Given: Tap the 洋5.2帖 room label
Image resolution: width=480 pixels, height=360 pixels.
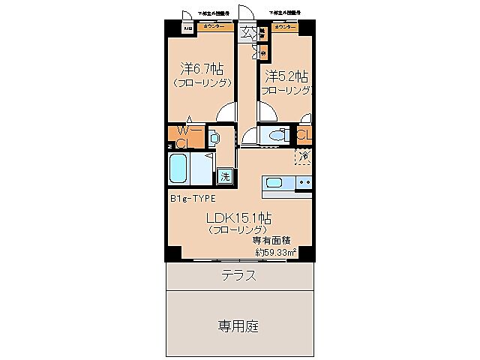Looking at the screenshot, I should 286,76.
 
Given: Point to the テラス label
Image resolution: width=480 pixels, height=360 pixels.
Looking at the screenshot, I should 239,275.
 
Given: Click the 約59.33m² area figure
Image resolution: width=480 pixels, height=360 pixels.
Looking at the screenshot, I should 275,253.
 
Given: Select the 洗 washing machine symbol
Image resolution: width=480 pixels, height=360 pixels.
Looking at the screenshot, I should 225,177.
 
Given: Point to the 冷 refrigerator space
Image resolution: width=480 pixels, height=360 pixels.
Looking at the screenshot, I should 304,156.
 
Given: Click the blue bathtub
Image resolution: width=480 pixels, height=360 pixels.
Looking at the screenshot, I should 178,170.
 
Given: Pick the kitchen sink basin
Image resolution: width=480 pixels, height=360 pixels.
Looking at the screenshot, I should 273,182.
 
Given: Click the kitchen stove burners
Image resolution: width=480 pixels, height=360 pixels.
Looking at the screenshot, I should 304,182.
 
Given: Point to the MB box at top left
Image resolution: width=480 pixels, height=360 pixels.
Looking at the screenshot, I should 187,29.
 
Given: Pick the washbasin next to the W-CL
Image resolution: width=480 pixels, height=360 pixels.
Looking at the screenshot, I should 214,138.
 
